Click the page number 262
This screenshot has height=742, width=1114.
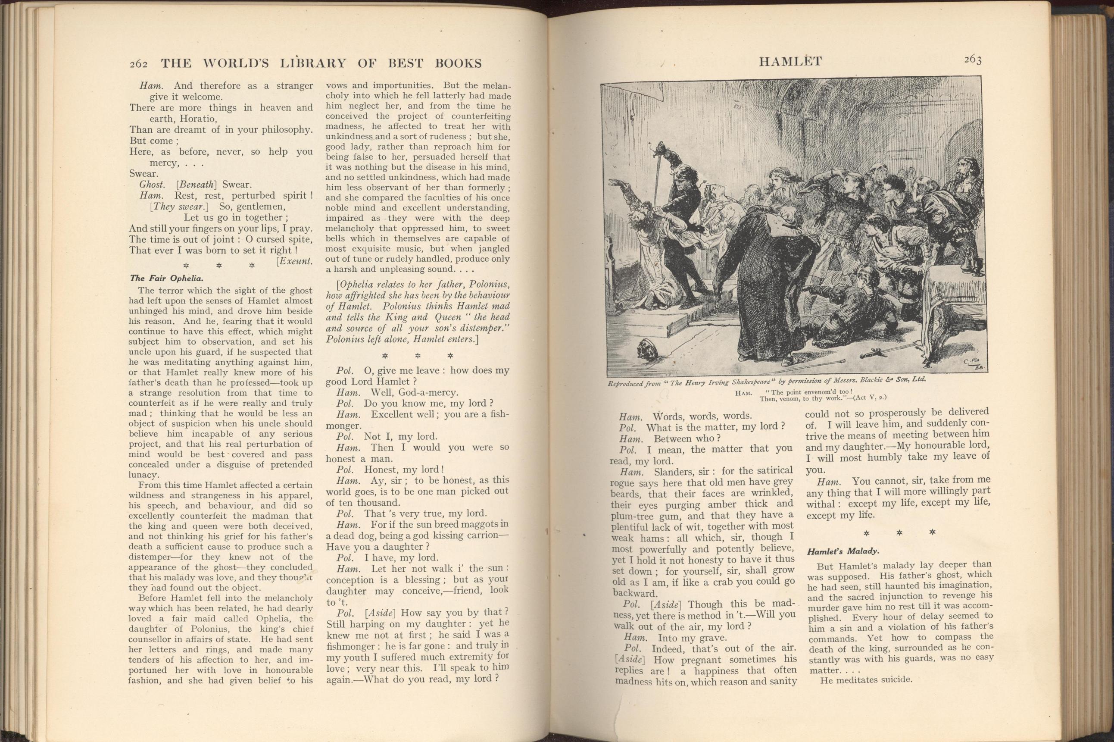pos(139,64)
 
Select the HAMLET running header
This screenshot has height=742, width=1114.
pos(790,62)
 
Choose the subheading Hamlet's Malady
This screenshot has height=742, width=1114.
pos(843,551)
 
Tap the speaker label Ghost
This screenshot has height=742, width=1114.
pos(152,185)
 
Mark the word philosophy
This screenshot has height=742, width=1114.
pos(282,130)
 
